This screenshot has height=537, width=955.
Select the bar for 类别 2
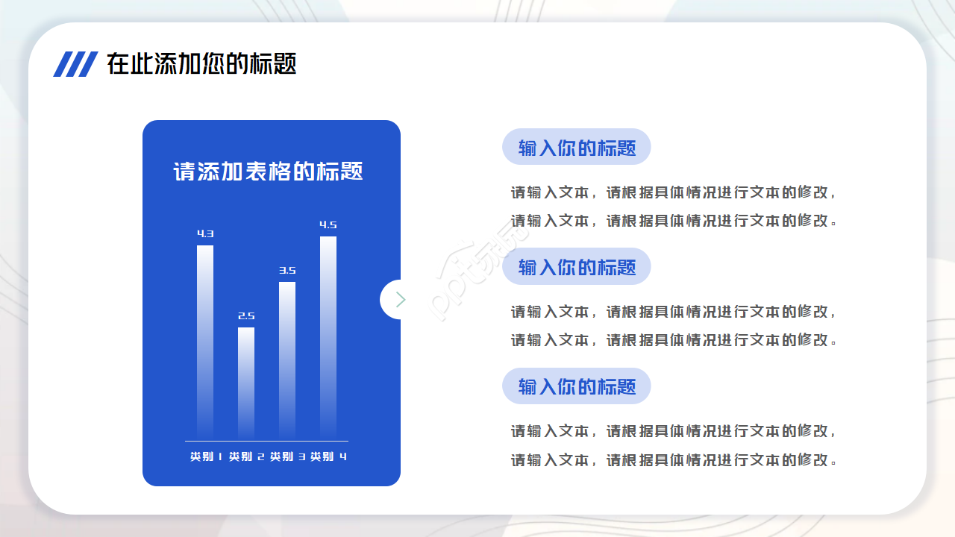pos(246,383)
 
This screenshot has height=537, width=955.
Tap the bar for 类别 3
pos(287,361)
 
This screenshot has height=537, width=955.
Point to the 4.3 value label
pos(205,233)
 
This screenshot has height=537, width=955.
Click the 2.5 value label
pos(246,315)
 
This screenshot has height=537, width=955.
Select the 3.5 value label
pos(287,270)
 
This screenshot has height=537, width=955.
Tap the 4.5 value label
pos(328,224)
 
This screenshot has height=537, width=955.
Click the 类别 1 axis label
pos(206,456)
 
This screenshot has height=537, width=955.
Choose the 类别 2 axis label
pos(246,456)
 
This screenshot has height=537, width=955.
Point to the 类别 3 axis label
pos(287,456)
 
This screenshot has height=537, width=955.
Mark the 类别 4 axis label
pos(328,456)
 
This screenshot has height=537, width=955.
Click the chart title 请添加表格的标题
pos(268,172)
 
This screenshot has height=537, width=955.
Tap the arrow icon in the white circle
pos(400,299)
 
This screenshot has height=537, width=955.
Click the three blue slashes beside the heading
pos(75,64)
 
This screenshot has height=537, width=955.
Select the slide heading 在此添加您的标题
pos(201,64)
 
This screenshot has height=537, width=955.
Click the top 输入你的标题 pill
pos(577,147)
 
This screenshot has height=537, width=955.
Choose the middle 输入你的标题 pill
pos(577,266)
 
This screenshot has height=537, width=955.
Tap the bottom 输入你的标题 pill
pos(577,386)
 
